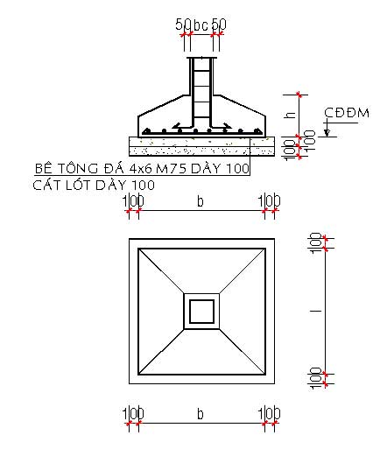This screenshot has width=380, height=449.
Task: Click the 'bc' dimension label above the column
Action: point(201,24)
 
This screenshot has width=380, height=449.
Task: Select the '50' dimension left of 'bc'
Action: point(183,24)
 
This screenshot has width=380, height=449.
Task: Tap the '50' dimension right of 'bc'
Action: point(219,24)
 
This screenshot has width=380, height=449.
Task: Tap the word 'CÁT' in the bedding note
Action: point(46,185)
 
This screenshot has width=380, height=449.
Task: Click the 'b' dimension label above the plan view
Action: point(201,201)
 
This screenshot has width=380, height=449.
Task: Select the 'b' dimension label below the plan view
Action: point(201,412)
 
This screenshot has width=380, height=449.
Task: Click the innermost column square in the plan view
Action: point(201,311)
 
